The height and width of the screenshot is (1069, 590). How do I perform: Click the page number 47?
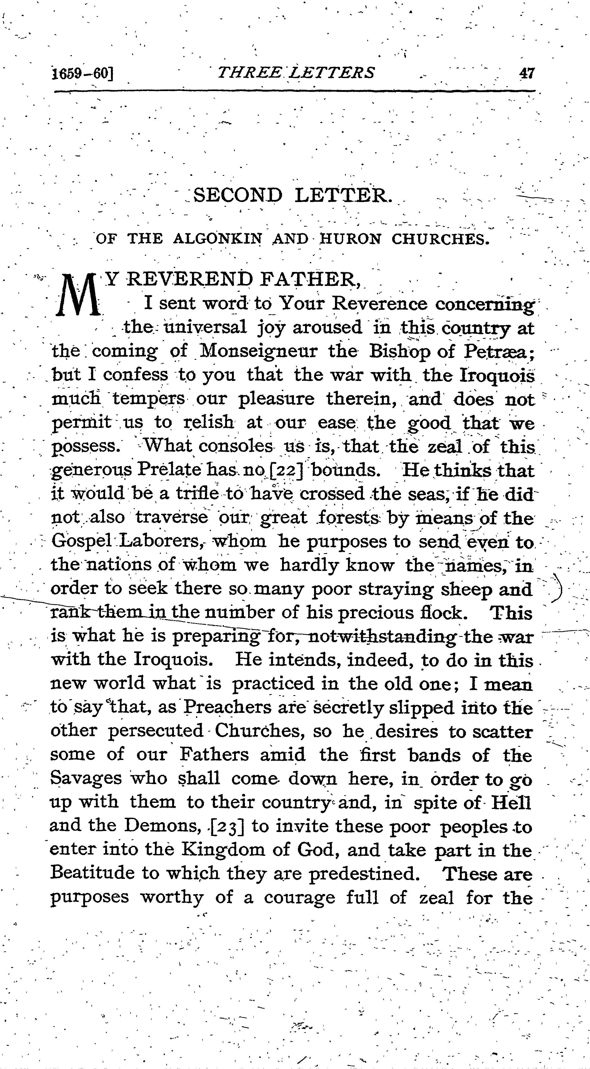tap(526, 73)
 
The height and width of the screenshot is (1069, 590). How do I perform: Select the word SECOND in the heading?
tap(238, 195)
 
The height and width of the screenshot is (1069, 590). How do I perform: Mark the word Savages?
tap(86, 779)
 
